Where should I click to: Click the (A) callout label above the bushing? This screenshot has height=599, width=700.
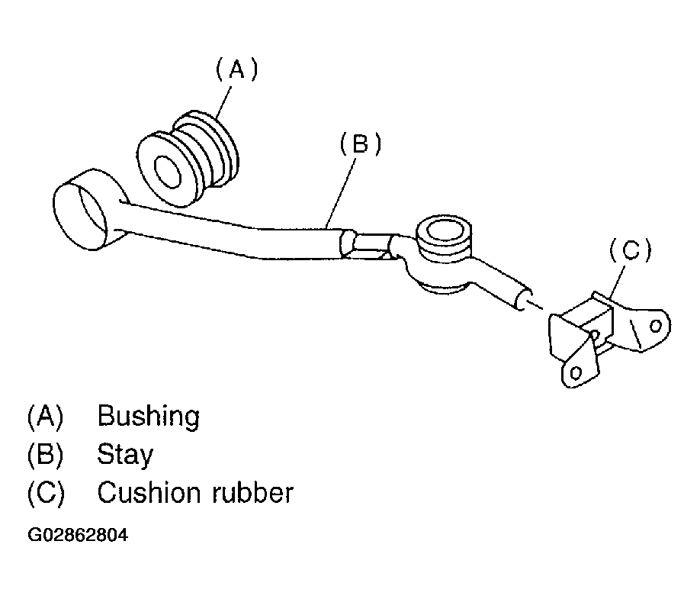(236, 71)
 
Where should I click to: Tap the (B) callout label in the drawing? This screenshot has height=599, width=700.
(359, 144)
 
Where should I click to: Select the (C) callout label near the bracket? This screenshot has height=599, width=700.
(630, 250)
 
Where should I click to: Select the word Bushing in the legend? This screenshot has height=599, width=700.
(148, 417)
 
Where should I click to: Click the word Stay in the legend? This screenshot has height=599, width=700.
(125, 455)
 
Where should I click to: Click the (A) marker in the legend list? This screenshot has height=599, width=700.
(45, 417)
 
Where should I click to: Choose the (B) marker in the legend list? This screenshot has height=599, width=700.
(45, 455)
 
